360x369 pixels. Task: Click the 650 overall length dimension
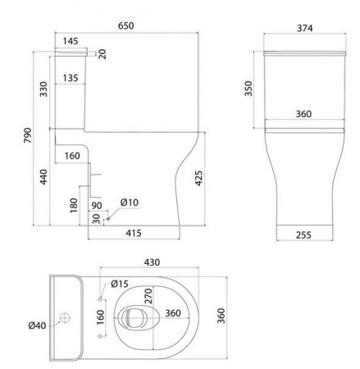click(x=126, y=25)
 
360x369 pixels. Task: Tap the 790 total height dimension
click(x=28, y=135)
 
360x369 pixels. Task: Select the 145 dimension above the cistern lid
click(x=71, y=41)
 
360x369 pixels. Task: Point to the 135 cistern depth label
click(x=71, y=78)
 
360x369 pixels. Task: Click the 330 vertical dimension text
click(x=43, y=89)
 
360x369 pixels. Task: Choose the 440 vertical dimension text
click(x=43, y=177)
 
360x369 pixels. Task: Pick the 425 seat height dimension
click(x=198, y=178)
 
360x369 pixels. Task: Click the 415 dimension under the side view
click(x=134, y=233)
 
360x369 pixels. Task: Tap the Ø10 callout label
click(x=130, y=203)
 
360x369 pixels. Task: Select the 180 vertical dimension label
click(x=74, y=206)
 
